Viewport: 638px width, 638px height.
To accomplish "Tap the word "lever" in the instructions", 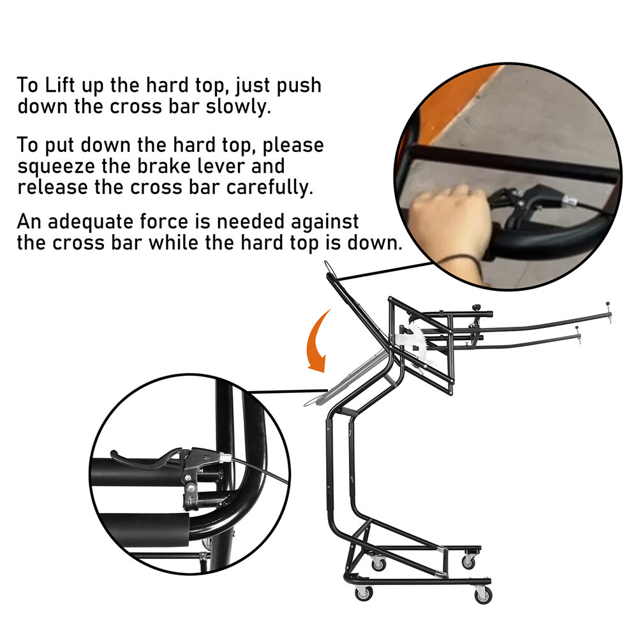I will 253,167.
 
